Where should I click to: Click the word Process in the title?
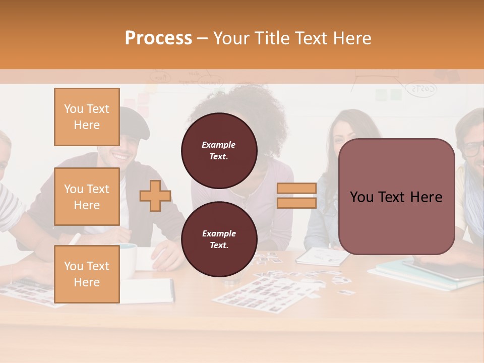point(158,38)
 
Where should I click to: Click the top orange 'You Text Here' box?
point(87,117)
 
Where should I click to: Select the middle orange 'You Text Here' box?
point(87,197)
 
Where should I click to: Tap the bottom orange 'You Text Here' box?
point(87,274)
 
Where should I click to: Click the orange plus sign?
point(155,196)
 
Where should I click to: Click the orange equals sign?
point(296,196)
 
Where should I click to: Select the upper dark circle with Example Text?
point(219,151)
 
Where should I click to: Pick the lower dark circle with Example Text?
point(219,239)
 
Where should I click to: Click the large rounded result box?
point(396,197)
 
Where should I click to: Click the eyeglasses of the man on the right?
point(473,149)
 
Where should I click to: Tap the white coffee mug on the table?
point(129,260)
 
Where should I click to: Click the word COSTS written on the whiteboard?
point(422,89)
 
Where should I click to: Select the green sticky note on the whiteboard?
point(396,94)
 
